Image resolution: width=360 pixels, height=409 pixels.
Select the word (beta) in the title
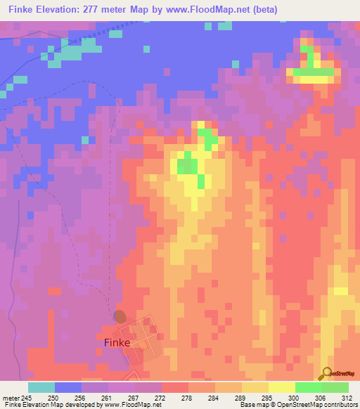pyautogui.click(x=262, y=10)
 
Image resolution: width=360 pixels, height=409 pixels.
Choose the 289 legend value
pyautogui.click(x=229, y=398)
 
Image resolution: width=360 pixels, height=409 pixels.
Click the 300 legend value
pyautogui.click(x=282, y=398)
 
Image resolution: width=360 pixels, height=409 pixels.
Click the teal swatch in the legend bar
pyautogui.click(x=41, y=387)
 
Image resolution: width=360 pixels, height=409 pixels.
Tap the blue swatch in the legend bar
pyautogui.click(x=68, y=387)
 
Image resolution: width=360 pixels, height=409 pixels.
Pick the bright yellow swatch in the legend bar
pyautogui.click(x=282, y=387)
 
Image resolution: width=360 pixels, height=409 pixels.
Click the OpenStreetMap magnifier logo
pyautogui.click(x=326, y=374)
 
